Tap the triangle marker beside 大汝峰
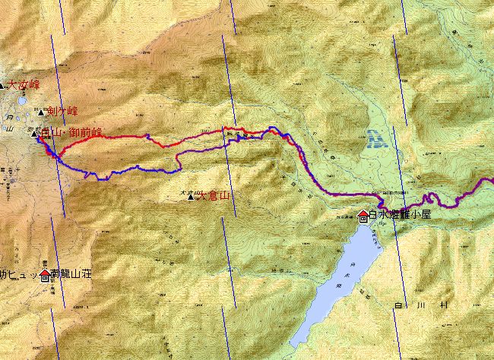point(2,86)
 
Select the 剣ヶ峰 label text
point(62,111)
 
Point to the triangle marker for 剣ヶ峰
point(41,112)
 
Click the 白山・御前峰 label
point(71,133)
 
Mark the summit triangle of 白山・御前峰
point(35,134)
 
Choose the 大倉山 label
point(213,195)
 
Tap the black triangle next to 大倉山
point(191,196)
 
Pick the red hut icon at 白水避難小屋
point(363,215)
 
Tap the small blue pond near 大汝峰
point(23,99)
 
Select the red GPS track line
point(190,137)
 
